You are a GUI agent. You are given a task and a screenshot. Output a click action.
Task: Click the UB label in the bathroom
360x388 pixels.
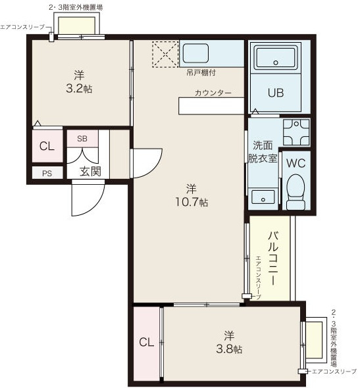click(x=276, y=93)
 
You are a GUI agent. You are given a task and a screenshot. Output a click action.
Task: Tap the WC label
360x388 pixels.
click(x=296, y=163)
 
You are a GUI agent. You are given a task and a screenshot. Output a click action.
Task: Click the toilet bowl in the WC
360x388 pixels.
click(x=296, y=192)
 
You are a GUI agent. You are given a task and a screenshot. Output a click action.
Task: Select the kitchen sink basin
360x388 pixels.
click(x=195, y=53)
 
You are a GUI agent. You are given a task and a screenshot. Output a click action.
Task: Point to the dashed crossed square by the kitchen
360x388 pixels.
click(x=165, y=54)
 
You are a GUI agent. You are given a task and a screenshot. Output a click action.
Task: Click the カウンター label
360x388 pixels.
click(x=213, y=93)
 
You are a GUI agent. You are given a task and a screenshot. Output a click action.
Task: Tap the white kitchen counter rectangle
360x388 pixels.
click(x=211, y=106)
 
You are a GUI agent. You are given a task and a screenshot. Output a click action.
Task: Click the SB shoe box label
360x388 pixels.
click(x=82, y=139)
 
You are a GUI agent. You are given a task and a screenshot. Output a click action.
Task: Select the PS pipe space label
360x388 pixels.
click(x=47, y=173)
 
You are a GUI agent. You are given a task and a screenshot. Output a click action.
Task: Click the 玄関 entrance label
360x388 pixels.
click(x=90, y=171)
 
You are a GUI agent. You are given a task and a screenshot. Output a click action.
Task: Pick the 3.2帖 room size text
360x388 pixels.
click(x=79, y=89)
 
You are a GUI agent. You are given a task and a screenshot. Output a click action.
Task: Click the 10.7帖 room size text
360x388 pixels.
click(x=192, y=203)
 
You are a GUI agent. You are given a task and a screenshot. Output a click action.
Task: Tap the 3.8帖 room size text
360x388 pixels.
click(x=229, y=349)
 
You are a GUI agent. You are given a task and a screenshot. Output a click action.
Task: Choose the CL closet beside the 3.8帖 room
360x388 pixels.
click(x=146, y=342)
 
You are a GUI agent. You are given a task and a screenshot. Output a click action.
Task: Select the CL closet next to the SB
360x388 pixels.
click(x=47, y=146)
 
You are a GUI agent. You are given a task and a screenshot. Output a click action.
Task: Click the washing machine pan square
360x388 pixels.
click(x=296, y=132)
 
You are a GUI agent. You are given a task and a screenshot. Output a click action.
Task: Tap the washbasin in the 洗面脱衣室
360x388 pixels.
click(x=263, y=197)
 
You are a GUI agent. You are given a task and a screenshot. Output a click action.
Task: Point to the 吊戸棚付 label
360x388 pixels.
click(x=201, y=73)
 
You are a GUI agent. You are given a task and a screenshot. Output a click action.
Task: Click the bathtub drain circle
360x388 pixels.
click(x=276, y=62)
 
